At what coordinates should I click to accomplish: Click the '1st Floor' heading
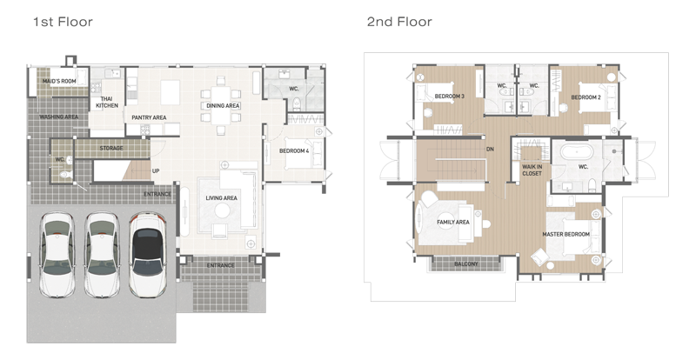coord(63,22)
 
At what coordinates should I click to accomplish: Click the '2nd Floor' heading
coord(399,22)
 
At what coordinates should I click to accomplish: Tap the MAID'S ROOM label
coord(59,81)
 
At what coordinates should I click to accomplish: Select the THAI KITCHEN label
coord(107,102)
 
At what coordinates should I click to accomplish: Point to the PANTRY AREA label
coord(149,117)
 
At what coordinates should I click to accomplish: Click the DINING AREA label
coord(223,105)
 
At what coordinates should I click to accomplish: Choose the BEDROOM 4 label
coord(294,151)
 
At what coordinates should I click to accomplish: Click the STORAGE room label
coord(111,149)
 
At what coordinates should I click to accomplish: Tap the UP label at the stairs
coord(156,171)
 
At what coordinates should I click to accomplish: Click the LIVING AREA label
coord(221,198)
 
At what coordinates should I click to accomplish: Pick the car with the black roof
coord(148,256)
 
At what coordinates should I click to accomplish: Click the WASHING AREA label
coord(58,117)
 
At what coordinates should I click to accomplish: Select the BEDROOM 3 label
coord(449,97)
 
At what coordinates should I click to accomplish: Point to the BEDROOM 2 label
coord(586,97)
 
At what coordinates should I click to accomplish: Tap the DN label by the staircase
coord(490,150)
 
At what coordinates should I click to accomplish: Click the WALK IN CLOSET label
coord(532,170)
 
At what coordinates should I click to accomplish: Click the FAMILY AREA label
coord(452,222)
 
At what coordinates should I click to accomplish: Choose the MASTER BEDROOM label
coord(566,234)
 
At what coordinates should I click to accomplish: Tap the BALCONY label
coord(466,264)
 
